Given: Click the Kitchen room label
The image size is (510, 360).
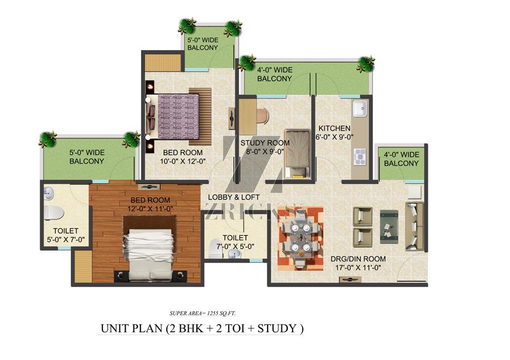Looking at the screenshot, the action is coord(334,128).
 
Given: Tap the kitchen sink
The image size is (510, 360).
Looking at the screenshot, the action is coord(360,108).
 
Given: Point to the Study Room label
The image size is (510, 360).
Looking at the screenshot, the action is coord(265,143).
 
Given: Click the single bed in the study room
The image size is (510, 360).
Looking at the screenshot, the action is coord(297,154).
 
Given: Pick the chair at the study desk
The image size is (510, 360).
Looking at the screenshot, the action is coord(262,116).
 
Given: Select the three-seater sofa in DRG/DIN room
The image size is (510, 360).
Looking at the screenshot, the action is coord(414,226).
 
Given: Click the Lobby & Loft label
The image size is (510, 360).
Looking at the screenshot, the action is coord(233,197).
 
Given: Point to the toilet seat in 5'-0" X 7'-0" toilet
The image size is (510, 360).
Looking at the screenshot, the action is coord(54,213).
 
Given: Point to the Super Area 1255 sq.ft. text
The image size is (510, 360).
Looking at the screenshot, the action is coord(203,314).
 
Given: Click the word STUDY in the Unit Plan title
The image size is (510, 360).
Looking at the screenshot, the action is coord(277,328).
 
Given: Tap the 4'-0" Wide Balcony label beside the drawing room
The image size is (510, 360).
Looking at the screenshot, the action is coord(401,159).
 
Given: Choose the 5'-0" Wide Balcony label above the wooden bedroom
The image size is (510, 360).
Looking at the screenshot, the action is coord(87,157).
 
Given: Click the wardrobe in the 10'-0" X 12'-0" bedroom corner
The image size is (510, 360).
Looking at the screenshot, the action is coord(163,62).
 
